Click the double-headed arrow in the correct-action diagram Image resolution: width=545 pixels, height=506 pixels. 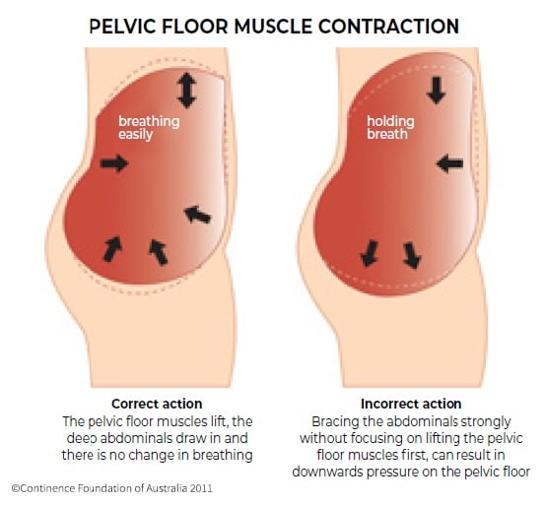(x=187, y=90)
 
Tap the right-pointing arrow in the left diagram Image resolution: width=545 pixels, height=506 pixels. (x=114, y=163)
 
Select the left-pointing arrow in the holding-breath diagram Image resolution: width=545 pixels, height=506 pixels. (x=449, y=163)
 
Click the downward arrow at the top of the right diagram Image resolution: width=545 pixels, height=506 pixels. (x=437, y=91)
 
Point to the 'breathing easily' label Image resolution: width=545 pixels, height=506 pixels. (x=149, y=128)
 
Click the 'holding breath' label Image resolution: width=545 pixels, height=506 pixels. (x=390, y=128)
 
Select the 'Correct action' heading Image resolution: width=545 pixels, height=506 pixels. (x=157, y=404)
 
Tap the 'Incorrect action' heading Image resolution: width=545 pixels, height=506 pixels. (x=411, y=404)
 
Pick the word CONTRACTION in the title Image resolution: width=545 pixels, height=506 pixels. (x=388, y=26)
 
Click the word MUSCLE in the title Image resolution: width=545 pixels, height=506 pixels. (x=273, y=26)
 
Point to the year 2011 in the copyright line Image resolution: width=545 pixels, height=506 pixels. (x=202, y=488)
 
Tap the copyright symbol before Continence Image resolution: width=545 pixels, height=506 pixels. (x=16, y=488)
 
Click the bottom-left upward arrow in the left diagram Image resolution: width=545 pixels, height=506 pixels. (x=112, y=249)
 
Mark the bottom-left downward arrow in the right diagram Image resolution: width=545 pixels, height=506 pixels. (x=370, y=254)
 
